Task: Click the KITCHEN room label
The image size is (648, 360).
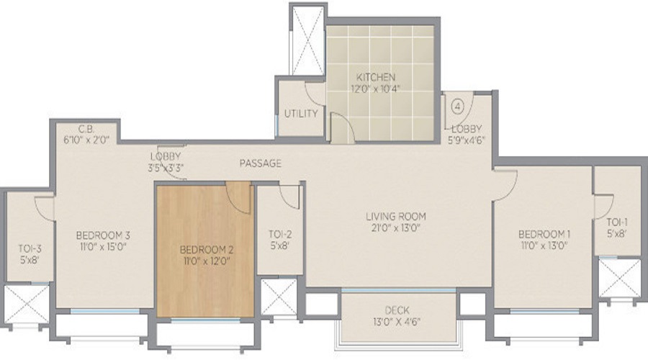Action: pyautogui.click(x=375, y=77)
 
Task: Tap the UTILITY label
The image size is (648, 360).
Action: pyautogui.click(x=301, y=114)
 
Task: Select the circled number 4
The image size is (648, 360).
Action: pyautogui.click(x=457, y=104)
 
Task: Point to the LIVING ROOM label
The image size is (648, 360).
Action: pyautogui.click(x=395, y=216)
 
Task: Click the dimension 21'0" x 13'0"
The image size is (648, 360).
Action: pyautogui.click(x=395, y=228)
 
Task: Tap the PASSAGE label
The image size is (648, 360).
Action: pyautogui.click(x=261, y=164)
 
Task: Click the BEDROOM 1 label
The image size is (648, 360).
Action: pyautogui.click(x=545, y=234)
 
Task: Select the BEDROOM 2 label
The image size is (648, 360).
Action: pyautogui.click(x=207, y=250)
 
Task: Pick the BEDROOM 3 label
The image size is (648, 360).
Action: pyautogui.click(x=104, y=234)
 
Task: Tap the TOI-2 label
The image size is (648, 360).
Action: pyautogui.click(x=279, y=234)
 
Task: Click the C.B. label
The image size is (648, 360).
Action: pyautogui.click(x=87, y=130)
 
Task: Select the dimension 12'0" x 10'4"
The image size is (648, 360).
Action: pyautogui.click(x=375, y=89)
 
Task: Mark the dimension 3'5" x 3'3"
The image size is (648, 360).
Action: pyautogui.click(x=165, y=168)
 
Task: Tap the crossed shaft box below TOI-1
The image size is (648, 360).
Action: pyautogui.click(x=618, y=277)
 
